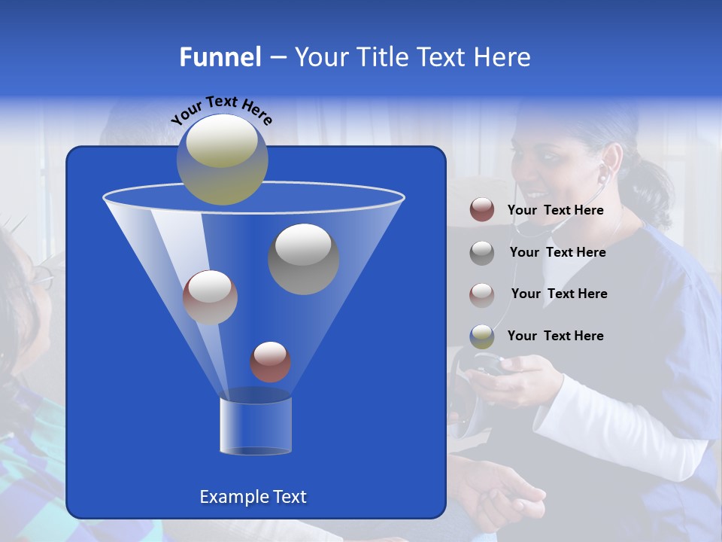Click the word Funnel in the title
(x=220, y=57)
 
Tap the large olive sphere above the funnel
(x=223, y=160)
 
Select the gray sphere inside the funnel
(x=304, y=258)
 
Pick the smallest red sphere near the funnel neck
(x=270, y=362)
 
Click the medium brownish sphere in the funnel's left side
(x=210, y=297)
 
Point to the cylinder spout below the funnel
(x=256, y=425)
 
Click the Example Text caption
(x=253, y=497)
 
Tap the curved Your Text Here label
(x=221, y=110)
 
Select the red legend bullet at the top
(x=482, y=210)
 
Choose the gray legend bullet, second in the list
(x=482, y=253)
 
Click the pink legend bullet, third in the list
(x=482, y=294)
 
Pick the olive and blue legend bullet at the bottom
(x=482, y=336)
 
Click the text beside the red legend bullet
(x=555, y=211)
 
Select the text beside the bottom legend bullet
(x=555, y=336)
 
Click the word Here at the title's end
(x=501, y=57)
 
